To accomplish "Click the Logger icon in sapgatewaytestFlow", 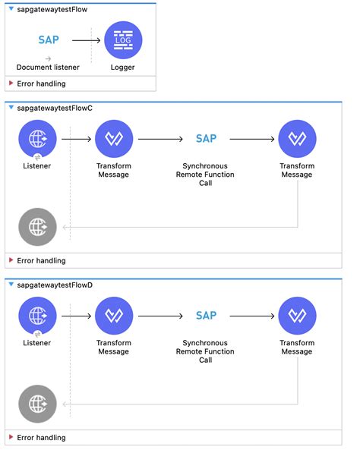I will click(x=122, y=40).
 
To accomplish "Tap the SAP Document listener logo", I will click(x=48, y=39).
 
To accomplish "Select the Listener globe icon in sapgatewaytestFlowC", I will click(x=37, y=139).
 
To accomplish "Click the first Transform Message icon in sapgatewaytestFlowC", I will click(x=114, y=139).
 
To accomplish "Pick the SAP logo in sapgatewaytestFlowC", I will click(x=206, y=139).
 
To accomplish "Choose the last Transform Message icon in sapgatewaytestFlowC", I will click(x=297, y=139).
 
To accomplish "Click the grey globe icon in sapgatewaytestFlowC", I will click(x=37, y=226).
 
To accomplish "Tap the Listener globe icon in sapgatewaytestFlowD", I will click(x=37, y=316).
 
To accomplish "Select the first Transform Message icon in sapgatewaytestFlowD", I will click(x=114, y=316).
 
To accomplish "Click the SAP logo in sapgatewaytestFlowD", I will click(x=206, y=316).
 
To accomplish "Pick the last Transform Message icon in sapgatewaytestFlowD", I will click(x=297, y=316).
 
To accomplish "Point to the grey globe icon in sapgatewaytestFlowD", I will click(x=37, y=404).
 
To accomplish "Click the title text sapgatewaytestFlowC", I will click(x=55, y=108).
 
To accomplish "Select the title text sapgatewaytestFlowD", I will click(x=55, y=285).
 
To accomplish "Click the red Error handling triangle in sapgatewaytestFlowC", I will click(x=10, y=260).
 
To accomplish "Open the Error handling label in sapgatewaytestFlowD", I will click(x=41, y=438).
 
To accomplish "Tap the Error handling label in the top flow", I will click(x=41, y=83).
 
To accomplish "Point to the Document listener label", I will click(x=48, y=68).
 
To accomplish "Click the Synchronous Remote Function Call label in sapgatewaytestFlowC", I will click(x=205, y=174).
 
